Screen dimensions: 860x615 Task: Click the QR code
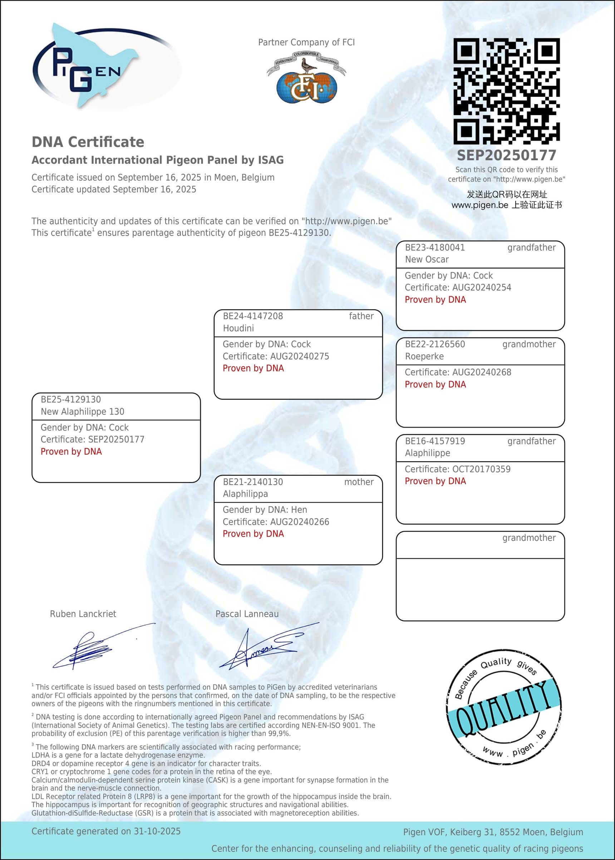click(506, 91)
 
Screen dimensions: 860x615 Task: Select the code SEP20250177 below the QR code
click(506, 155)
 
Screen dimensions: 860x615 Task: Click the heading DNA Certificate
click(88, 142)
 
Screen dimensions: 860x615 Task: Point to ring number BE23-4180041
click(435, 248)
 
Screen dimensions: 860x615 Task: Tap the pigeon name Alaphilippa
click(245, 494)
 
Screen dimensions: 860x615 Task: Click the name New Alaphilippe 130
click(82, 411)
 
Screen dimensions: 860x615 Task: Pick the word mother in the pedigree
click(359, 482)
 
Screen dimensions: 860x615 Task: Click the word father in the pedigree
click(361, 316)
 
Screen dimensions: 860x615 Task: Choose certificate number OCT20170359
click(481, 469)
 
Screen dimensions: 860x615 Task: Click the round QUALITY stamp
click(504, 707)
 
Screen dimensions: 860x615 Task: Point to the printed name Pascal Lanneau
click(247, 614)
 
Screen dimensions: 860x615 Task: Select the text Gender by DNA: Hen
click(265, 509)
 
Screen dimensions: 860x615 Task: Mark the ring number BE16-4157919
click(435, 441)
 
